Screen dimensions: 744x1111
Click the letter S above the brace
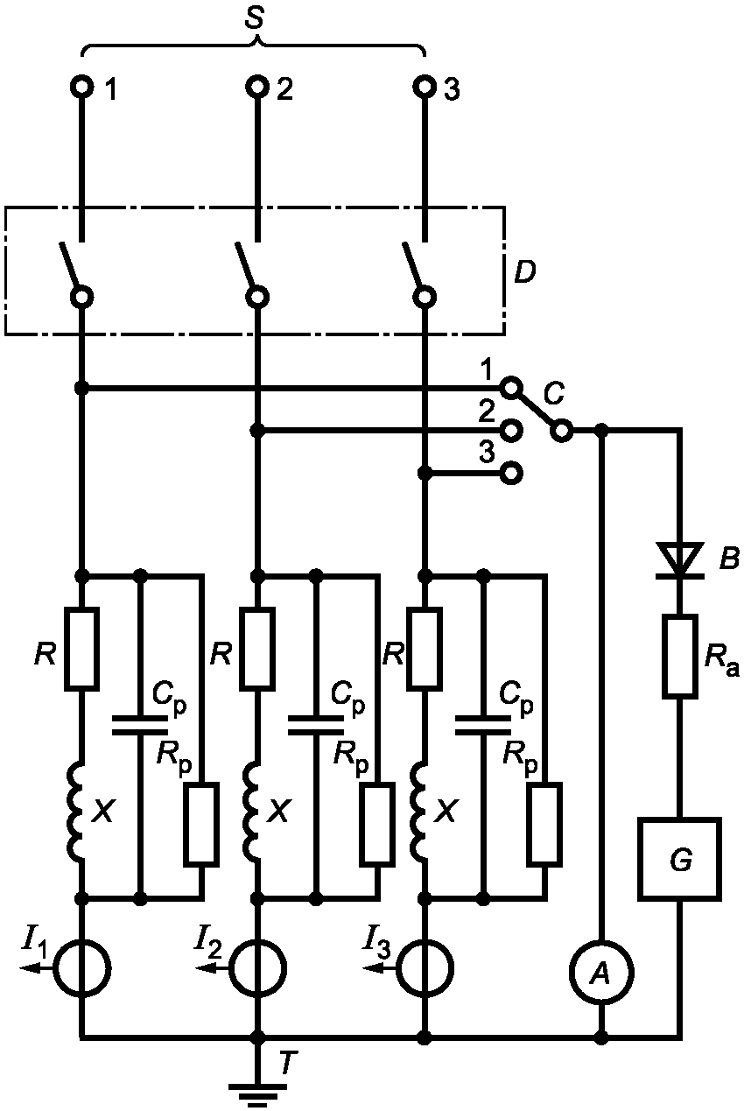click(254, 21)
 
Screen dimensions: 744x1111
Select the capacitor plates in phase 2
click(317, 725)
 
